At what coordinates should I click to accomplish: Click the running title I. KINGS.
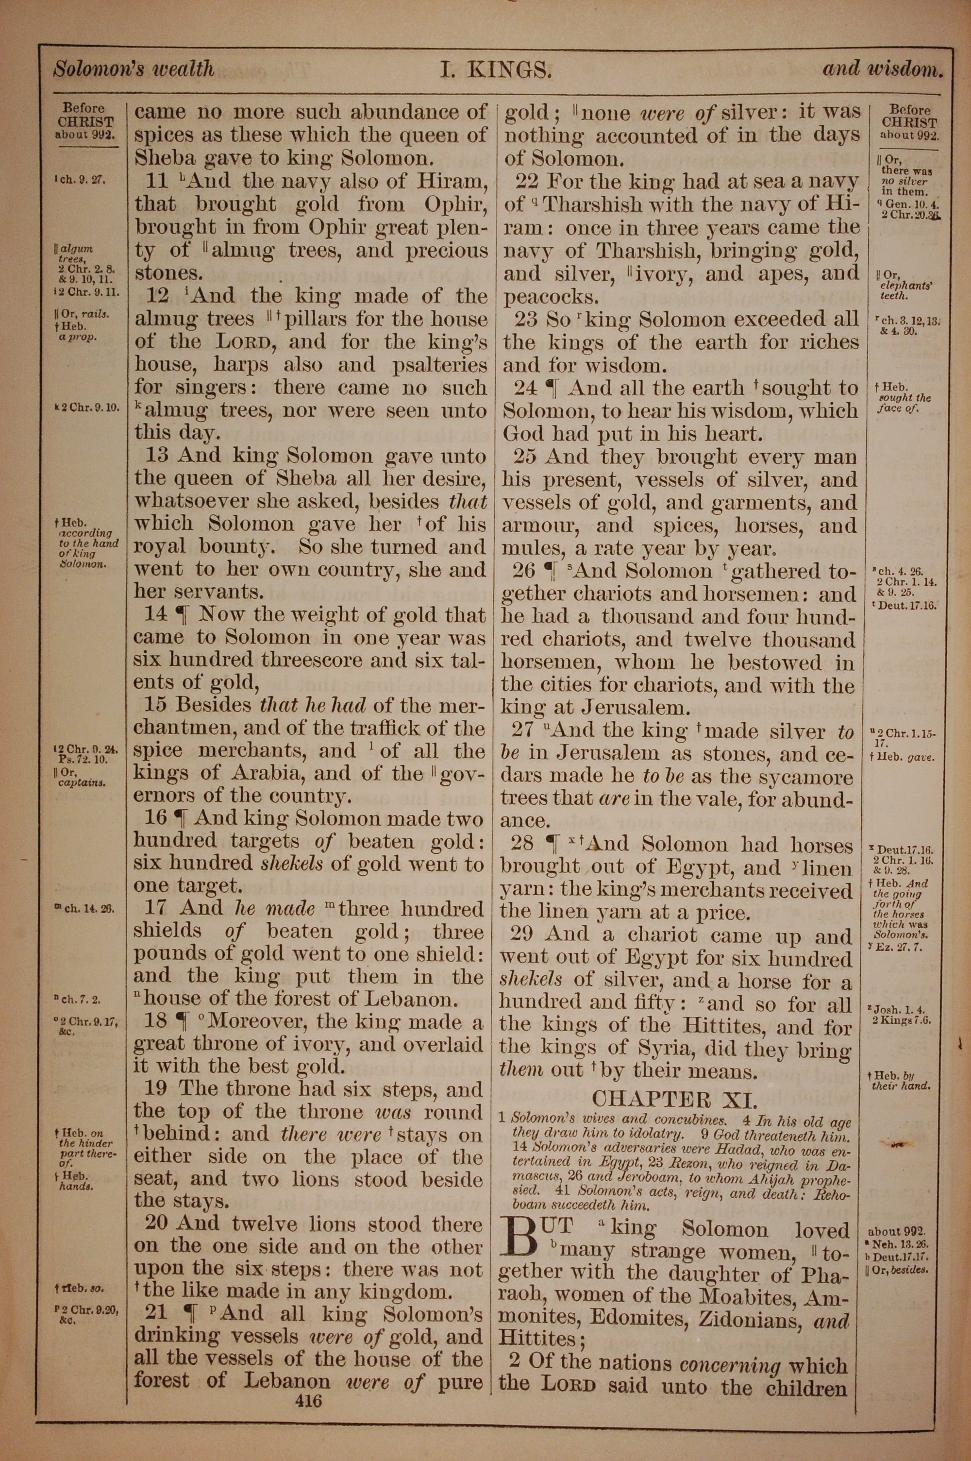[x=495, y=70]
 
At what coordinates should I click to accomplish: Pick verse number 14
[x=155, y=614]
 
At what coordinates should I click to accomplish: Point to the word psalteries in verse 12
[x=440, y=365]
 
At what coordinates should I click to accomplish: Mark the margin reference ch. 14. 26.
[x=85, y=909]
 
